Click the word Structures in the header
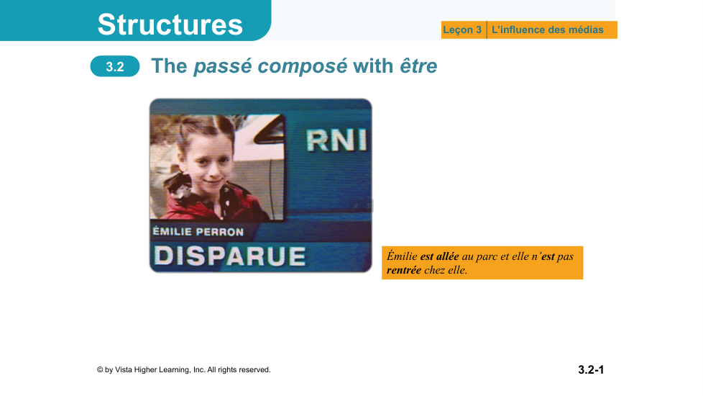[x=170, y=24]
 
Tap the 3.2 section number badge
[x=115, y=66]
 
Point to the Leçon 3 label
[x=462, y=30]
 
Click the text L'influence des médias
[x=548, y=30]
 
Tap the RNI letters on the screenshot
[x=336, y=140]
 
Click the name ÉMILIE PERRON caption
[x=198, y=232]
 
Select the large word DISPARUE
[x=229, y=256]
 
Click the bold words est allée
[x=439, y=256]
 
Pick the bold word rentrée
[x=404, y=270]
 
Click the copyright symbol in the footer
[x=99, y=370]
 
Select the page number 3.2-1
[x=591, y=369]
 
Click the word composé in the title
[x=303, y=66]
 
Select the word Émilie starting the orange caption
[x=402, y=256]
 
